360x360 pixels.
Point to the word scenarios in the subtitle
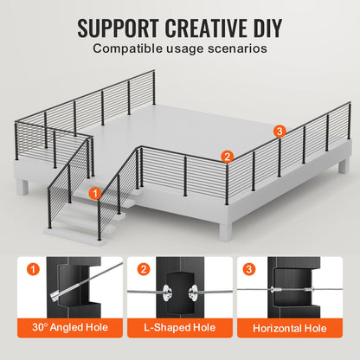[232, 48]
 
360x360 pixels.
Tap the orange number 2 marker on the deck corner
[227, 157]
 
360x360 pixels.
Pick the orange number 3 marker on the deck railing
[278, 132]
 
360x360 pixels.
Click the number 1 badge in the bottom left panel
[34, 269]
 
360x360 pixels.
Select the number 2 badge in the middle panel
[144, 269]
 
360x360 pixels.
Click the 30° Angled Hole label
[70, 329]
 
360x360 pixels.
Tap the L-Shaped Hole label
[180, 329]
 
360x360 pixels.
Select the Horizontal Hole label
[290, 329]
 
